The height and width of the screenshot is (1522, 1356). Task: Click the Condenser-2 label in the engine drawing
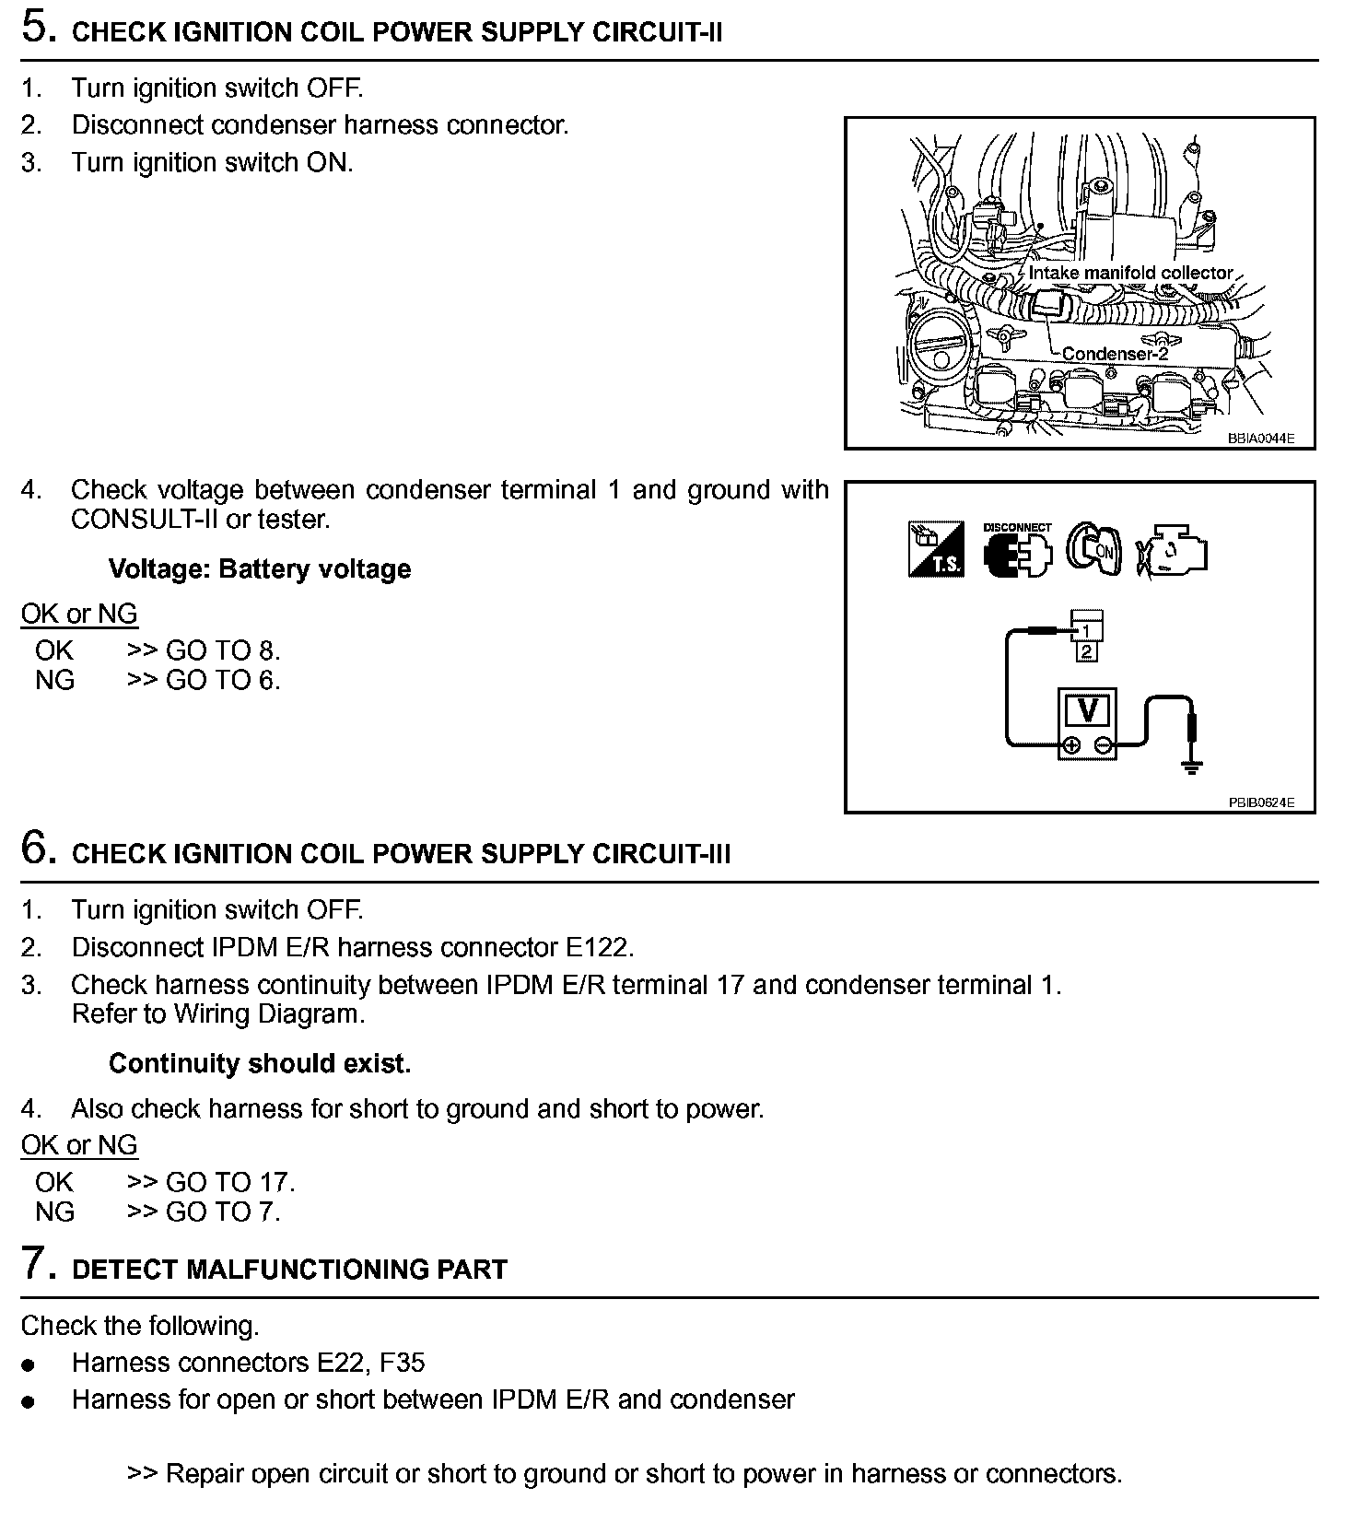(1114, 354)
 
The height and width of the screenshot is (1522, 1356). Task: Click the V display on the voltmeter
(1088, 711)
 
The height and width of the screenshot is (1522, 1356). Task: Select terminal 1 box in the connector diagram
(1087, 631)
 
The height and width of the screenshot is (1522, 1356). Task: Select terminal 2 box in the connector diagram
(1087, 651)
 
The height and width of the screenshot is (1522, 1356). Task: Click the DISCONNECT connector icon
(1017, 552)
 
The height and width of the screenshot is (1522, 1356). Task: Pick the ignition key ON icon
(1093, 549)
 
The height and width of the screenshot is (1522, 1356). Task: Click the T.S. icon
(936, 550)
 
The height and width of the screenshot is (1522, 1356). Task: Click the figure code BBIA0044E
(1260, 439)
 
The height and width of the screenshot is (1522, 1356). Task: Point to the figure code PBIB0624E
(1260, 802)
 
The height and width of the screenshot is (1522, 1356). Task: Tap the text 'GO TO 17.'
(230, 1182)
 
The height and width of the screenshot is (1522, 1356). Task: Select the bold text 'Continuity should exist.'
(260, 1063)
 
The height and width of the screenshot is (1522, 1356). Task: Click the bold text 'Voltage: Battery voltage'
(260, 568)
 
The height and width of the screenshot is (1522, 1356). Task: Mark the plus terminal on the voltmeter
(1070, 746)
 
